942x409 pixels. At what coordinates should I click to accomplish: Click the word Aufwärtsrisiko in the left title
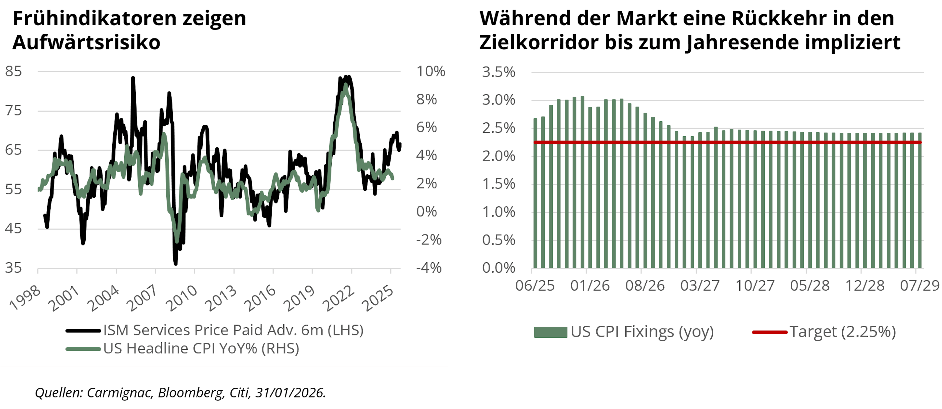pyautogui.click(x=86, y=42)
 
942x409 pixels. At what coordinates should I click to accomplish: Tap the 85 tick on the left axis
pyautogui.click(x=13, y=71)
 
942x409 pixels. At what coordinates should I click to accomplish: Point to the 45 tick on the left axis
pyautogui.click(x=13, y=229)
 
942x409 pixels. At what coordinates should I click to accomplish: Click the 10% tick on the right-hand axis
pyautogui.click(x=431, y=71)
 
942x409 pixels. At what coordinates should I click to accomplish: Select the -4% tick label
pyautogui.click(x=429, y=268)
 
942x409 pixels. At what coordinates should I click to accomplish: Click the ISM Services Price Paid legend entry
pyautogui.click(x=233, y=331)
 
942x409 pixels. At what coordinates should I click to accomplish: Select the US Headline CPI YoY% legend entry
pyautogui.click(x=201, y=349)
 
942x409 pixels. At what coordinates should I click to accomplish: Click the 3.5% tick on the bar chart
pyautogui.click(x=498, y=72)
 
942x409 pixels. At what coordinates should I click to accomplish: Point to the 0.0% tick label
pyautogui.click(x=498, y=268)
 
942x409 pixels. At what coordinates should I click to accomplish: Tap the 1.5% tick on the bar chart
pyautogui.click(x=498, y=184)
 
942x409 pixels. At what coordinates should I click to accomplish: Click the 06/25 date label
pyautogui.click(x=535, y=285)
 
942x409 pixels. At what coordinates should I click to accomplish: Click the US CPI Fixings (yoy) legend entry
pyautogui.click(x=642, y=332)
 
